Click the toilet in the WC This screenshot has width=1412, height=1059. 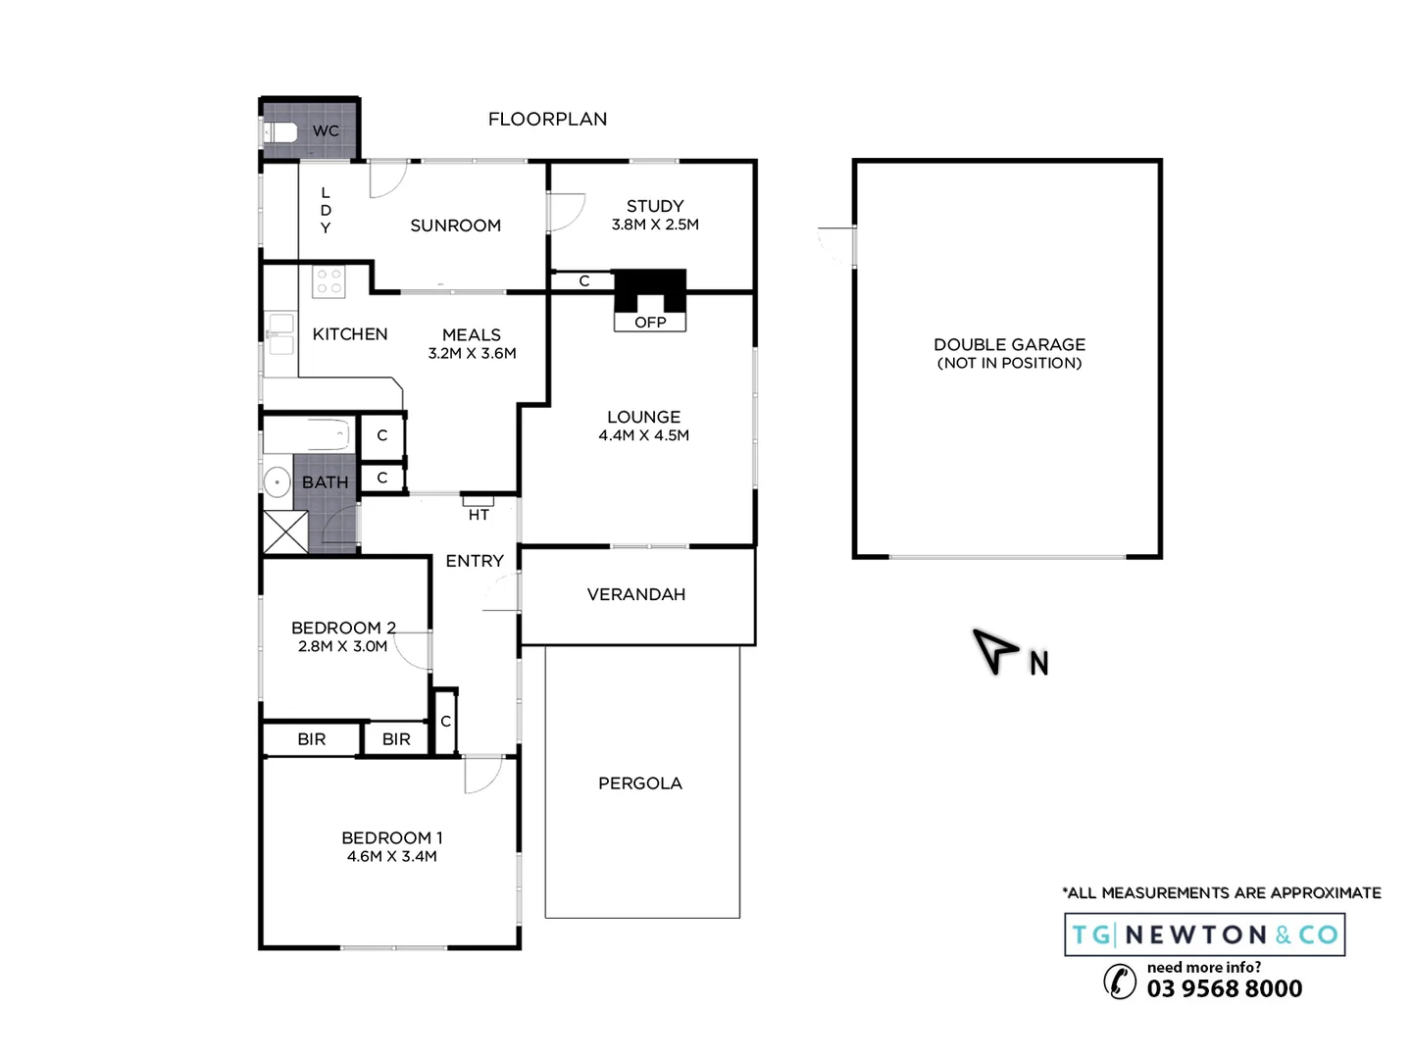coord(280,131)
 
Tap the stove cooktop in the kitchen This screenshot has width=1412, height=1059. coord(328,281)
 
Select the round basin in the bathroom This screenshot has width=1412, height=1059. coord(277,482)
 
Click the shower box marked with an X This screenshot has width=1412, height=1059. coord(285,532)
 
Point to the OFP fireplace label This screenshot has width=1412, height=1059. coord(650,323)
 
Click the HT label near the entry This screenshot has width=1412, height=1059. coord(479,515)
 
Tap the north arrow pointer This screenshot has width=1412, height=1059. coord(994,648)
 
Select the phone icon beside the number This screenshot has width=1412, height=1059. coord(1120,981)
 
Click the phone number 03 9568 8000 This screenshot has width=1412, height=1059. coord(1225,988)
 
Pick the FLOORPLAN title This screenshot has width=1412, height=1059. coord(547,120)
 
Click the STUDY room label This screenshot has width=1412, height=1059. coord(655,206)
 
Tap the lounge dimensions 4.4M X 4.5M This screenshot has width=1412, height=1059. coord(643,435)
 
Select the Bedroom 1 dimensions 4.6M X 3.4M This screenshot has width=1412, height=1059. coord(391,856)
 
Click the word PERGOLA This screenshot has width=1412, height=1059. coord(640,783)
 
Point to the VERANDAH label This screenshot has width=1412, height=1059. coord(636,594)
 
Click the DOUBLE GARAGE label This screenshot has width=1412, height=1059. coord(1009,344)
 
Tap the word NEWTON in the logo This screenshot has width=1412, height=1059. coord(1196,935)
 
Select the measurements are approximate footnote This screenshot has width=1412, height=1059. coord(1222,893)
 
